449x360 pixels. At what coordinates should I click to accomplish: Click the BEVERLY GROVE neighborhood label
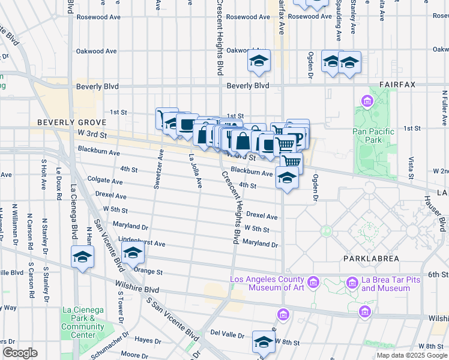tap(65, 122)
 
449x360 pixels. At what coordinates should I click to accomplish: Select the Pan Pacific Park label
tap(373, 136)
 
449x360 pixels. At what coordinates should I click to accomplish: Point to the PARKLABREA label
tap(367, 258)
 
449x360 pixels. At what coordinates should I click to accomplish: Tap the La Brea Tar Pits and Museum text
tap(378, 284)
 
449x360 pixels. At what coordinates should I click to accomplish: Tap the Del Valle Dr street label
tap(224, 333)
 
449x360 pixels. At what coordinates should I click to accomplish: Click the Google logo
tap(20, 353)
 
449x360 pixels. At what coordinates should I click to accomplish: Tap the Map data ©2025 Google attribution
tap(411, 355)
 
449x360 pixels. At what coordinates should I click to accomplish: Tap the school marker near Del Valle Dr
tap(263, 342)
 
